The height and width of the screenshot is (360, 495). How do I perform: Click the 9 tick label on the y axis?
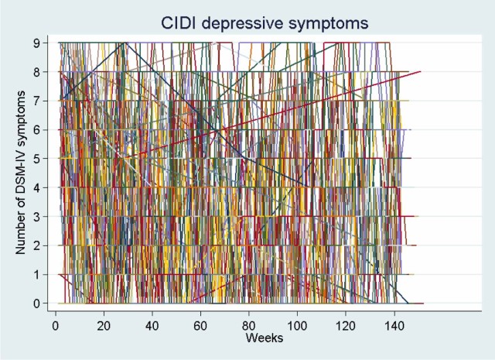36,42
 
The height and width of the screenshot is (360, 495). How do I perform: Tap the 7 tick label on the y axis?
36,100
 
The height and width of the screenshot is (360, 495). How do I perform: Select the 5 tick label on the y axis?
36,158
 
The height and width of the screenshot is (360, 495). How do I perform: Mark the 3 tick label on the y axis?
36,216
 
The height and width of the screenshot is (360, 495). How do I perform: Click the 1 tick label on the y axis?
36,274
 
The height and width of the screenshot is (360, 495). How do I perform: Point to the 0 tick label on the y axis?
36,303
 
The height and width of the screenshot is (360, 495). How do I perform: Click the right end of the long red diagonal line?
421,71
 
